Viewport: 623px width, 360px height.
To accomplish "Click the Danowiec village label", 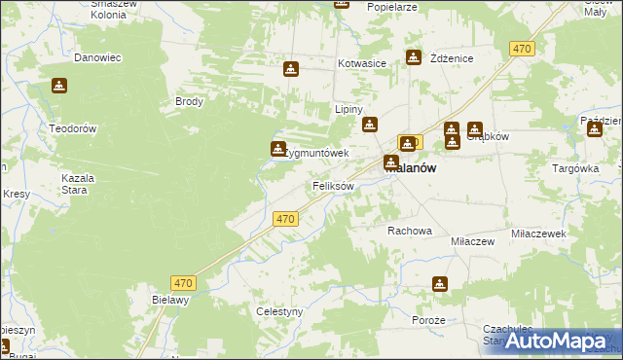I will point(97,57).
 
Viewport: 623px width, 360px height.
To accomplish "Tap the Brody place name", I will point(189,101).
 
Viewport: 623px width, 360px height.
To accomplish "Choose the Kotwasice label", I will point(362,63).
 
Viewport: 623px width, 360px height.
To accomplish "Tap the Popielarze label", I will point(392,6).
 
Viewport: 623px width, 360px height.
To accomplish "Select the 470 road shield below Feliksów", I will point(284,220).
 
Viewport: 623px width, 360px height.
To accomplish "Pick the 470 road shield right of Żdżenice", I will point(523,48).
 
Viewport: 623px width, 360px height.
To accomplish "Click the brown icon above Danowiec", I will point(60,86).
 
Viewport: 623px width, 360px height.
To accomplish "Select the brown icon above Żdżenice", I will point(414,57).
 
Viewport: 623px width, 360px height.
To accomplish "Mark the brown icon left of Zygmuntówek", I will point(276,149).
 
